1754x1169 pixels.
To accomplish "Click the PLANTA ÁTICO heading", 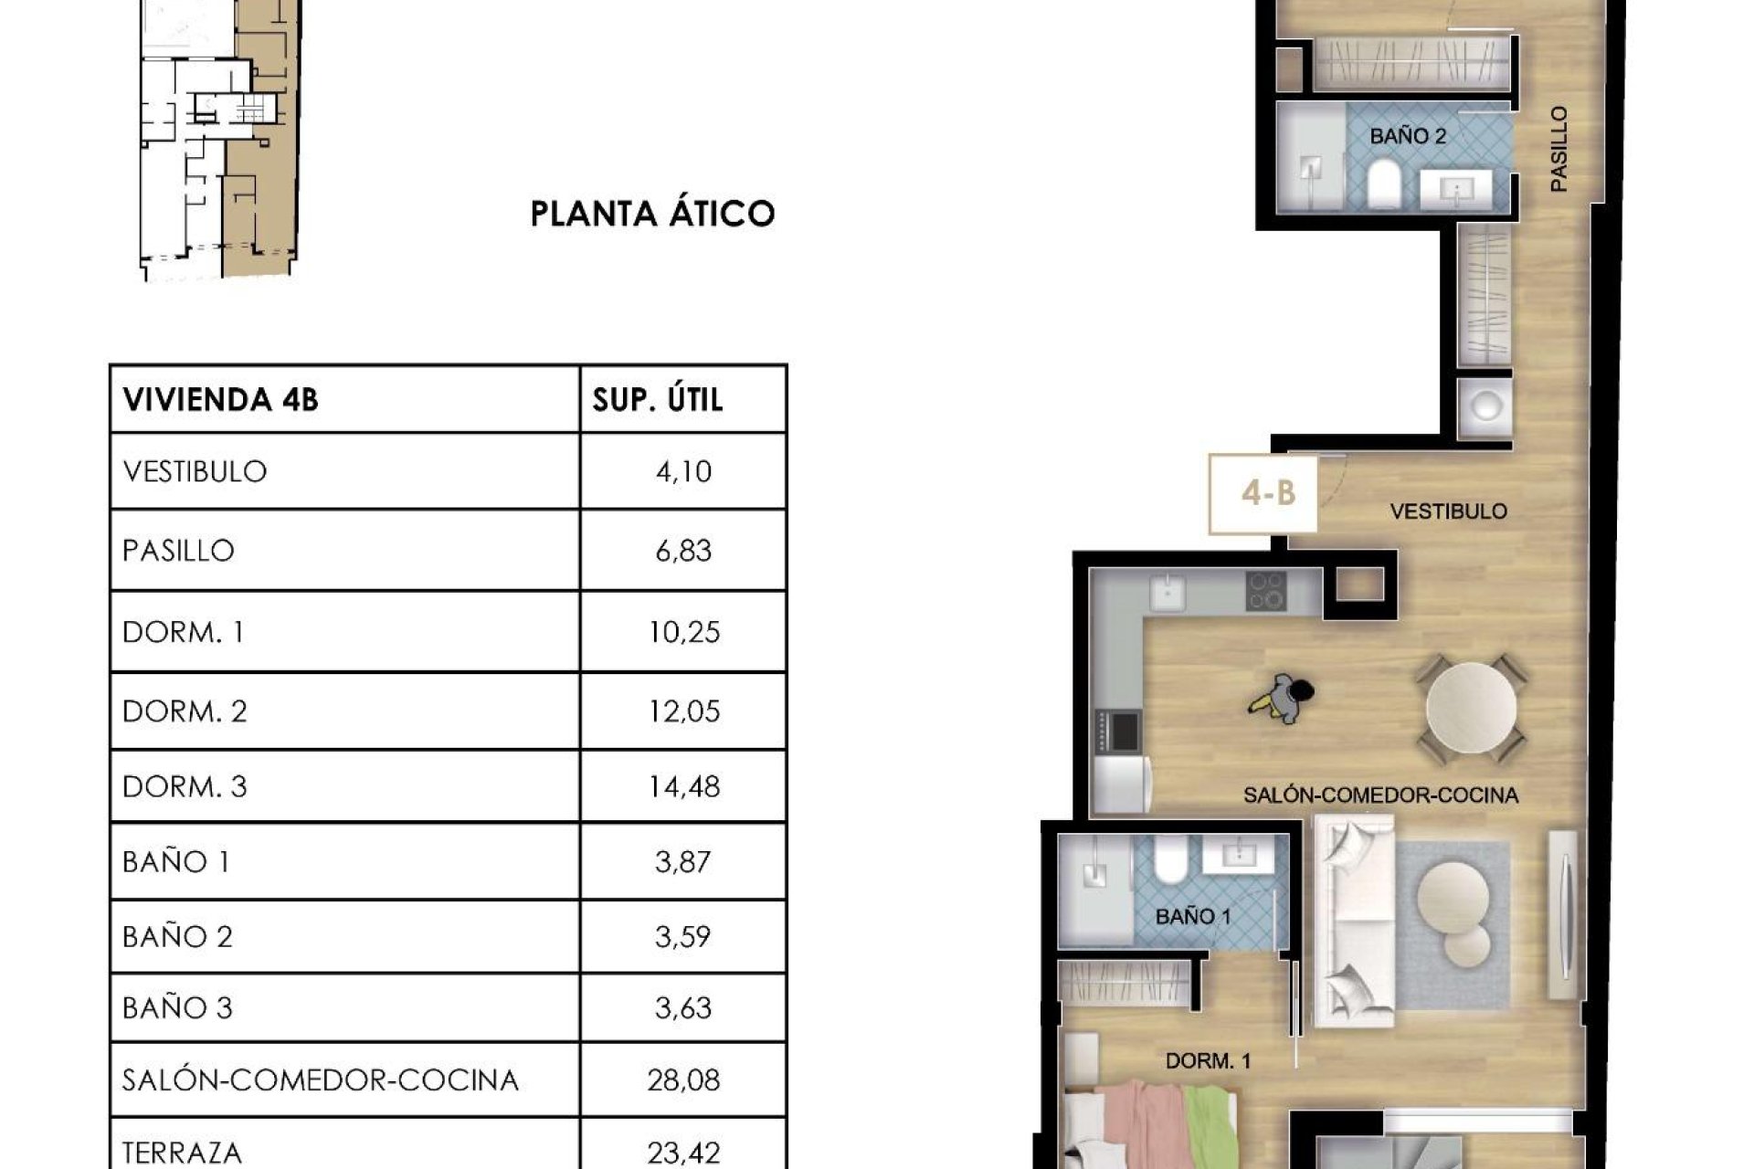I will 652,214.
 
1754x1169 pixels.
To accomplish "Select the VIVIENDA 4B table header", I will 220,400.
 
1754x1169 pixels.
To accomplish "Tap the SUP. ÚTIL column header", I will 658,400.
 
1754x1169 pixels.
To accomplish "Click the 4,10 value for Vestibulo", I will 683,472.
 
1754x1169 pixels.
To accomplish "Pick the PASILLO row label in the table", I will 179,551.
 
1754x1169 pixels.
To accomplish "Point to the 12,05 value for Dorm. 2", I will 684,711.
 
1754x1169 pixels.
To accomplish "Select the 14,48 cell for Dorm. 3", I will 684,786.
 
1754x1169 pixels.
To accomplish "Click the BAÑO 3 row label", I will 177,1008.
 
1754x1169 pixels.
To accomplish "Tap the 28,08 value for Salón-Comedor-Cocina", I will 684,1080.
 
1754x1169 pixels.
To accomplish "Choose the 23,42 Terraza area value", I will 684,1153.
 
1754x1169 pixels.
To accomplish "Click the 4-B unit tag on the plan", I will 1268,494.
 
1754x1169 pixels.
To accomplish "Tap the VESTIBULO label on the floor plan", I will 1448,511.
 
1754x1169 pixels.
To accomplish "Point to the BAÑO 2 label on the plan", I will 1408,137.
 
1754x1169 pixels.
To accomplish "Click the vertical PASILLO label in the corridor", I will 1559,149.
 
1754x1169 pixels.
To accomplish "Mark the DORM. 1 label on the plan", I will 1208,1061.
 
